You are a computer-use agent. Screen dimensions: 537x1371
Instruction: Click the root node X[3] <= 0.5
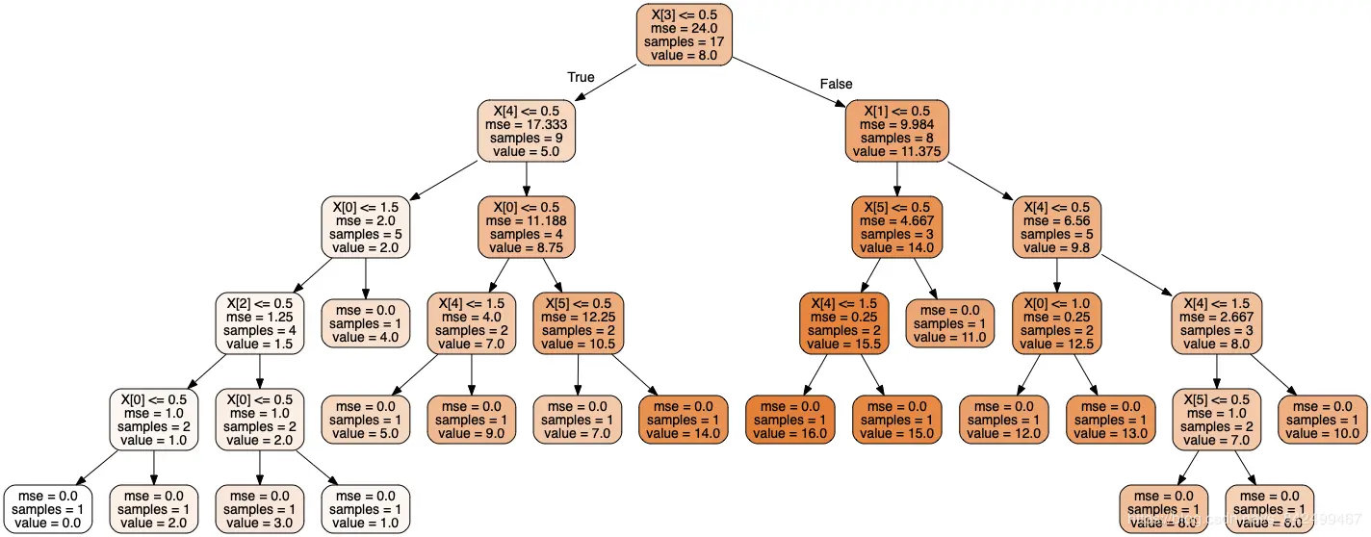(x=684, y=35)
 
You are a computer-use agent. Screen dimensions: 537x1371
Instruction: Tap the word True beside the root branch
(x=581, y=77)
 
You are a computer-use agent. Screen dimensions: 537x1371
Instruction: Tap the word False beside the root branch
(x=836, y=84)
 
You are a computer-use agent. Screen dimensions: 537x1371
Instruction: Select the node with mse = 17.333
(x=526, y=131)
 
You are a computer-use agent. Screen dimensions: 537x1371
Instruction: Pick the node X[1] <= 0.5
(x=896, y=131)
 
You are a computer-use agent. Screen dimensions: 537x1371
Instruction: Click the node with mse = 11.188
(x=526, y=227)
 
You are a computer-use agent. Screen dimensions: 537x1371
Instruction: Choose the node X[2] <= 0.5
(x=260, y=323)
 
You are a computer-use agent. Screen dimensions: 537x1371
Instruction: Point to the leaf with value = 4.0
(x=366, y=323)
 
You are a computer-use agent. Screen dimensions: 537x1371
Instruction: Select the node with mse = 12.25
(x=579, y=323)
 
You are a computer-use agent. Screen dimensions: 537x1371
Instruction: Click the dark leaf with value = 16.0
(x=789, y=420)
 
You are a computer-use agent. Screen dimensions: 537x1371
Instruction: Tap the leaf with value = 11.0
(x=949, y=323)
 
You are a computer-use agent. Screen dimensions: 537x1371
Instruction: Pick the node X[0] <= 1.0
(x=1057, y=323)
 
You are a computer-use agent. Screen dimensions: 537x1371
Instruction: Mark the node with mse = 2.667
(x=1217, y=323)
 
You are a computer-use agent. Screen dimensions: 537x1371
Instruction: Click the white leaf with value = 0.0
(x=48, y=509)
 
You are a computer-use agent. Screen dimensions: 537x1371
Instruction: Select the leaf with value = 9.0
(x=472, y=420)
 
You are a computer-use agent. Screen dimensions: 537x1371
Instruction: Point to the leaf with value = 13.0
(x=1110, y=420)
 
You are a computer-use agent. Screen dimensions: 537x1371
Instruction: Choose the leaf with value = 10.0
(x=1322, y=420)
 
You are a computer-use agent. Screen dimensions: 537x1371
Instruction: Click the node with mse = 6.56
(x=1057, y=227)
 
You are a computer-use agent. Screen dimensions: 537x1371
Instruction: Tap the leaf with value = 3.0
(x=260, y=509)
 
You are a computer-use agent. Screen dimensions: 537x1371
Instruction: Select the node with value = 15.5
(x=843, y=323)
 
